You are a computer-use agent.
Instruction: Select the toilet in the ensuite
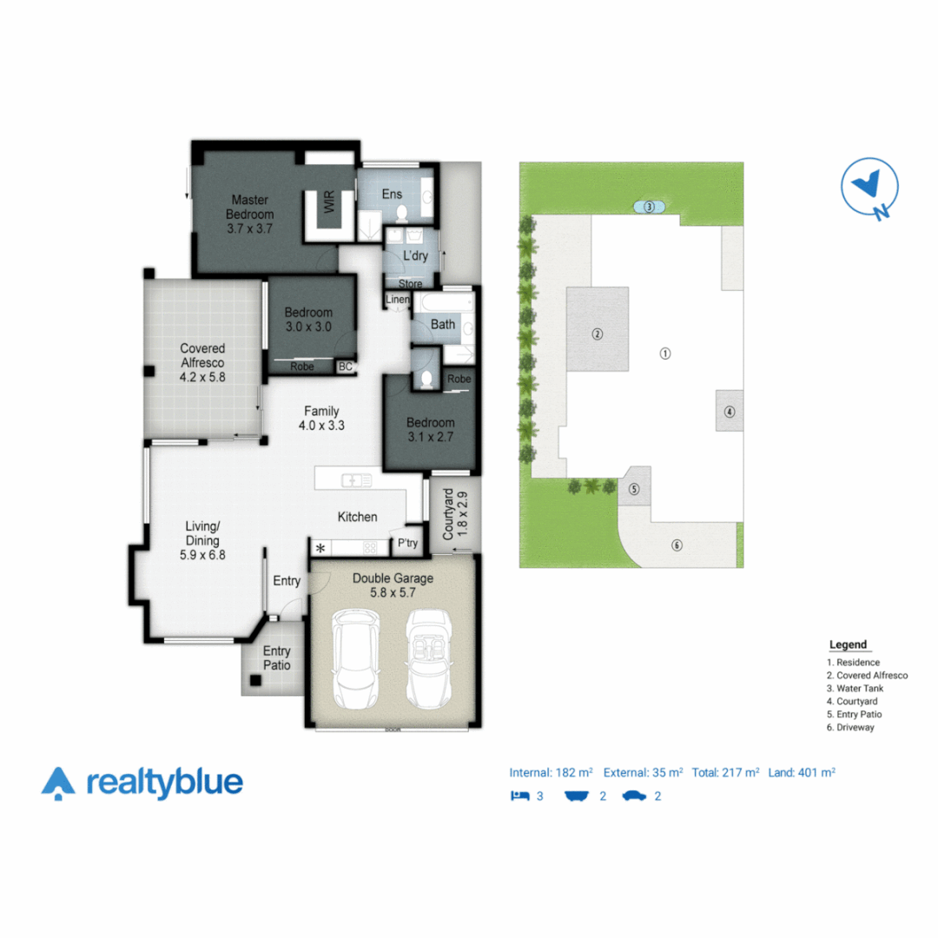click(x=400, y=214)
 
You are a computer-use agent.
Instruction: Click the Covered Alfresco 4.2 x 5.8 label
click(x=202, y=363)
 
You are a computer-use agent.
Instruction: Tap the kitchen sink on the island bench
click(x=356, y=479)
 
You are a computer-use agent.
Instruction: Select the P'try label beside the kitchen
click(x=406, y=544)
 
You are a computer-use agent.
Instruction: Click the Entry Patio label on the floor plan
click(x=277, y=658)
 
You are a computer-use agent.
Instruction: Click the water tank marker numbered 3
click(x=649, y=207)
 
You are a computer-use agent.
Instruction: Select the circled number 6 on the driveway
click(x=677, y=545)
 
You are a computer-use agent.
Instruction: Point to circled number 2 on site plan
click(x=598, y=334)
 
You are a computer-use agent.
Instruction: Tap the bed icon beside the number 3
click(x=520, y=795)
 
